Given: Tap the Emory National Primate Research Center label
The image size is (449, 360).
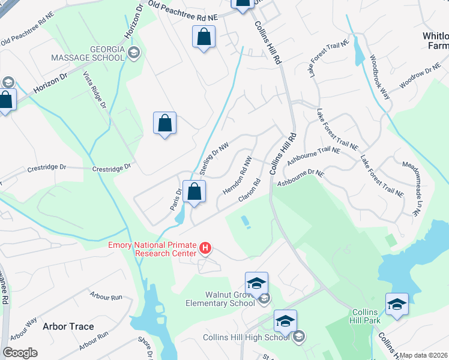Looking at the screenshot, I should point(153,249).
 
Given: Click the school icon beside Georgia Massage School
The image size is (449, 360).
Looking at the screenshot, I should point(134,53).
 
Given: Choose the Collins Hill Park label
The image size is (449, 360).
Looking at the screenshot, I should point(365,316).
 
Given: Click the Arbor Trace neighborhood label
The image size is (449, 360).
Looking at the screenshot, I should point(68,326).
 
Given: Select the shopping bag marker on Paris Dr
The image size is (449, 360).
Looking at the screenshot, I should point(194,192).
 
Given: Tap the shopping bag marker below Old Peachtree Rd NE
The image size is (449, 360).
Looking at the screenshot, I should point(204,37).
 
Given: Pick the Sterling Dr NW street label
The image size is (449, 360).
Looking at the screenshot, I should point(214,158).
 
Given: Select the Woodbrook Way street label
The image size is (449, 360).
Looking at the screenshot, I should point(380,77).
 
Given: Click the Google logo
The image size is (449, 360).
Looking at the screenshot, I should point(20,353).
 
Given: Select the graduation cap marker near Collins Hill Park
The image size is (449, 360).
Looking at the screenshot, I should point(397,305).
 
